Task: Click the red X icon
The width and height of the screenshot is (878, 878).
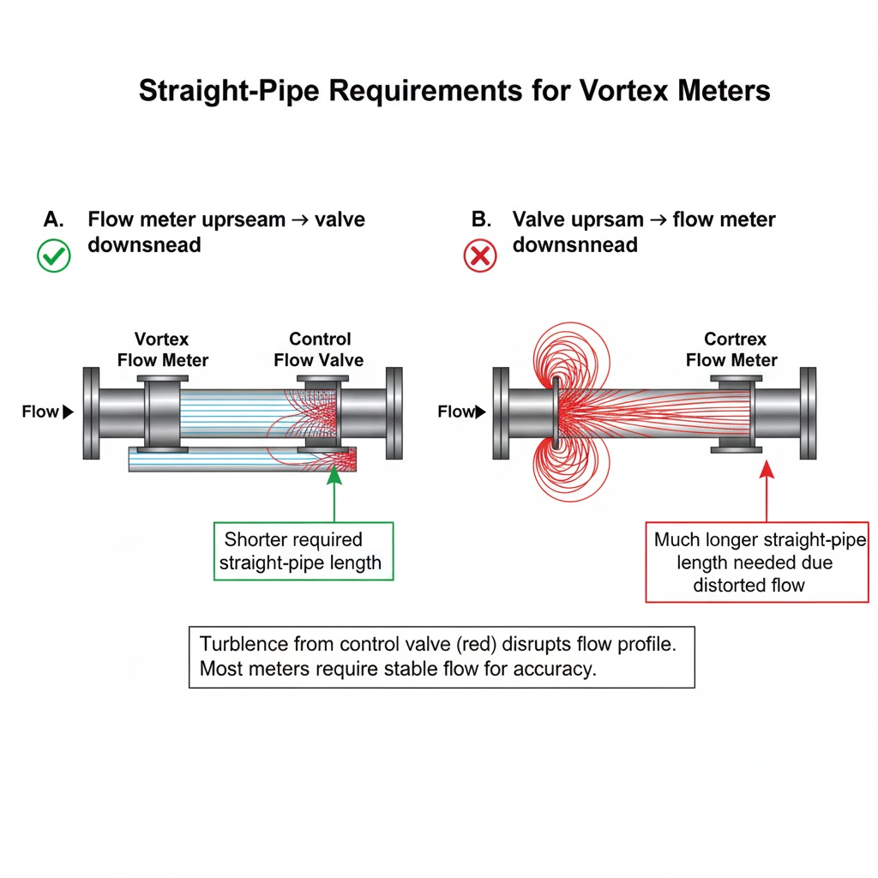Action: point(480,256)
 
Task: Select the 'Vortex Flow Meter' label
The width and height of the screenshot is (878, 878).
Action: point(163,349)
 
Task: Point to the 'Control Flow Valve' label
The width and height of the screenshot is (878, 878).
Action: point(319,349)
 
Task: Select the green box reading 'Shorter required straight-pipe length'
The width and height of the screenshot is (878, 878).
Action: point(302,551)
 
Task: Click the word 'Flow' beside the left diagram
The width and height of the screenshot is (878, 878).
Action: point(40,412)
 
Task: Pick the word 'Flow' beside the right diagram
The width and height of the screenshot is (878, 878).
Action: point(455,412)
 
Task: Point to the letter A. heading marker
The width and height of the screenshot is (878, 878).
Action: point(53,219)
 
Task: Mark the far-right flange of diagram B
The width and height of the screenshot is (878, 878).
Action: point(808,412)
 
